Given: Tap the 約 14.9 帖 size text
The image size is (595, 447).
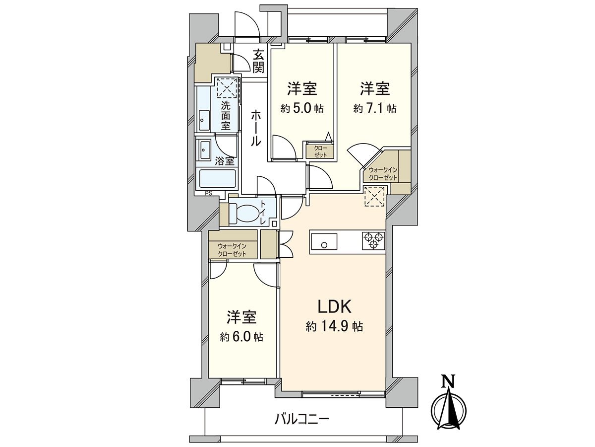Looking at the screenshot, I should [335, 327].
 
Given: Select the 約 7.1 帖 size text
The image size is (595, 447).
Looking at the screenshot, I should [375, 108].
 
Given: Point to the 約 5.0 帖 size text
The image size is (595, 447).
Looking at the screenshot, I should [302, 108].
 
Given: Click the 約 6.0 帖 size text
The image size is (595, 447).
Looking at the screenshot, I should [241, 337].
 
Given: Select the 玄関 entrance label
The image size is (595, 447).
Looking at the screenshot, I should [258, 61].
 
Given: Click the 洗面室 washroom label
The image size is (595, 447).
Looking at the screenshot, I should [226, 115].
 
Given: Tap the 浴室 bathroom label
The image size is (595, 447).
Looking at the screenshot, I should [225, 161].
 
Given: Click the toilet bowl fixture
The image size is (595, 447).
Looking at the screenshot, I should [245, 213].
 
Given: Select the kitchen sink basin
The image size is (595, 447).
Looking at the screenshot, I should [324, 243].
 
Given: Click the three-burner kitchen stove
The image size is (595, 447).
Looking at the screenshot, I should [373, 241].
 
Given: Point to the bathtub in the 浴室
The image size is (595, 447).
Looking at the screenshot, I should [217, 179].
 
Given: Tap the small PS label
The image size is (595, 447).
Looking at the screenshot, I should [208, 194].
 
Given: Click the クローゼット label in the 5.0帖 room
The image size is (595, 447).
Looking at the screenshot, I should [320, 151].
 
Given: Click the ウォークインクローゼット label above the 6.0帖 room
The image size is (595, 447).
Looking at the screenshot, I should [232, 250].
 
